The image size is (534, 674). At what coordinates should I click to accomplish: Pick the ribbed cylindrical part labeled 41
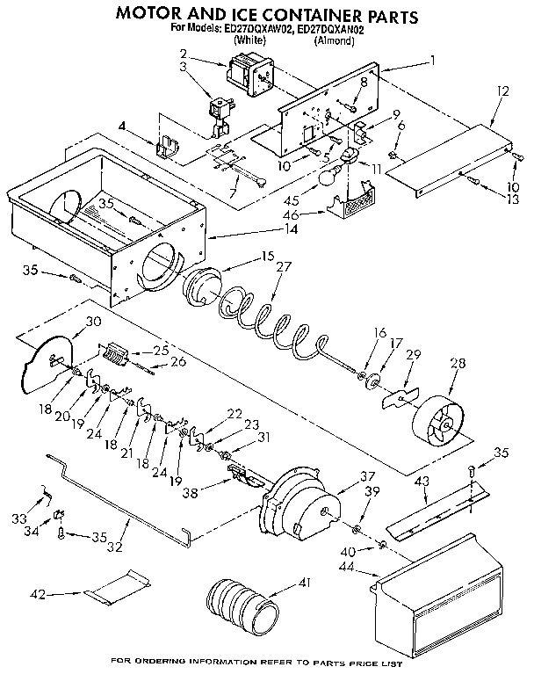(240, 603)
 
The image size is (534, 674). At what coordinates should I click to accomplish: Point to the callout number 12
(502, 91)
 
